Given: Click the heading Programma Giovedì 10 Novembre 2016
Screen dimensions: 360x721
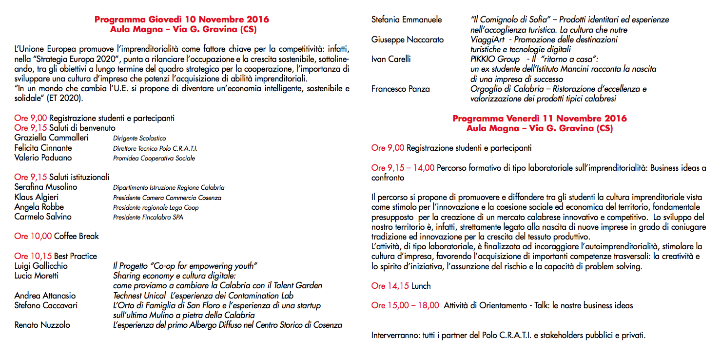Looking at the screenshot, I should [182, 20].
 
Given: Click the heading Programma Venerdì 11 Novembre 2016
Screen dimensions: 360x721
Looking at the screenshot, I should [540, 119].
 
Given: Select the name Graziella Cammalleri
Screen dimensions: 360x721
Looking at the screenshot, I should [51, 138].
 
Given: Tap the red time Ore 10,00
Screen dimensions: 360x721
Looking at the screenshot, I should [33, 236].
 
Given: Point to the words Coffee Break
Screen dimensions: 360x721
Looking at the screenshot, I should [76, 236].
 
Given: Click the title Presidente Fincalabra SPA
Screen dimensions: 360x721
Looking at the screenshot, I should [148, 217].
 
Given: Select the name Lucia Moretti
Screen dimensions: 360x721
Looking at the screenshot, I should [37, 276].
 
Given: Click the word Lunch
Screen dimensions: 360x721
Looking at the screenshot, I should [421, 286].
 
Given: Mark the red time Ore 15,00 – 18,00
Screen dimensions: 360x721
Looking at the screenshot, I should [405, 305].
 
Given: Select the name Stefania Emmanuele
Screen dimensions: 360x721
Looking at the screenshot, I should [407, 20].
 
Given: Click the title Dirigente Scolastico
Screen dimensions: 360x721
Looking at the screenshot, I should [139, 139].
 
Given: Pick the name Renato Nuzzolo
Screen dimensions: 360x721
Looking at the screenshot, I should [42, 325].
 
